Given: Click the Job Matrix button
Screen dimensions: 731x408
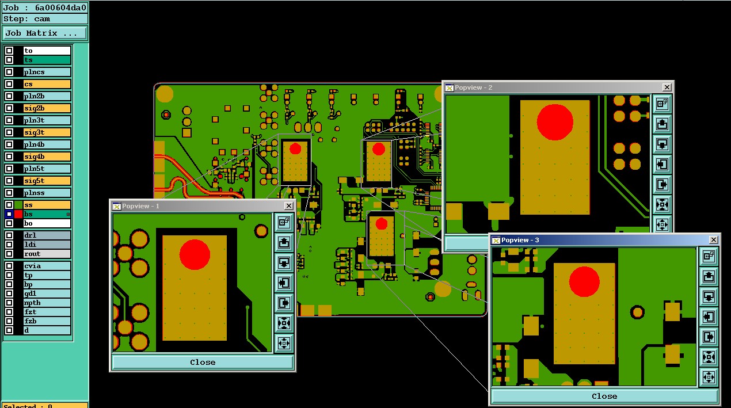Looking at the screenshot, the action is pos(45,33).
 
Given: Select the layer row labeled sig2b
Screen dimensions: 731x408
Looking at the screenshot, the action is pos(47,108).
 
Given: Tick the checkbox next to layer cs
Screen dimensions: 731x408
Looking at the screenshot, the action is pos(9,84).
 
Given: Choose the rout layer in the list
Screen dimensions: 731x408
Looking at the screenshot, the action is pos(47,254).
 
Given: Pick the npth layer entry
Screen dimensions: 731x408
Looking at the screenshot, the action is pos(47,303).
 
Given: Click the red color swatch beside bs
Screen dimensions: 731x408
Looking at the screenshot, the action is pos(18,214).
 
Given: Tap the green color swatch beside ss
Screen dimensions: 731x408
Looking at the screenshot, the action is pos(18,205).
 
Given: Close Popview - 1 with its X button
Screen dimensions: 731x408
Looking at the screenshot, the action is pos(288,206).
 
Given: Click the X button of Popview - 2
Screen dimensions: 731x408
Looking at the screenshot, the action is pos(667,87).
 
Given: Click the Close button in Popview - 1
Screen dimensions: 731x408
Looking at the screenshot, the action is pos(203,363).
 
